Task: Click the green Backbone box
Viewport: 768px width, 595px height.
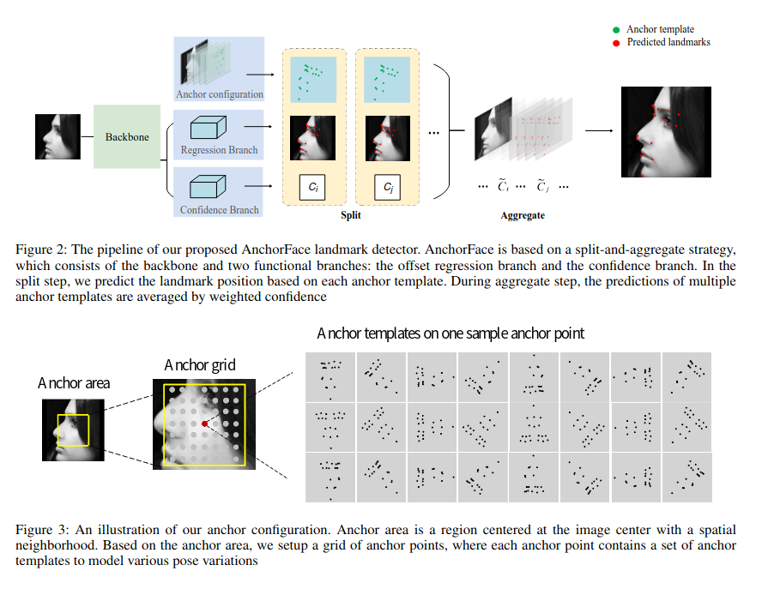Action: [x=127, y=136]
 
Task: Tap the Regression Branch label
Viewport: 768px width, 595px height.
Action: [x=219, y=150]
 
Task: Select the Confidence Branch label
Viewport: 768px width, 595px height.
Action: [x=219, y=209]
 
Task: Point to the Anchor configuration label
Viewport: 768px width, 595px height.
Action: [x=219, y=94]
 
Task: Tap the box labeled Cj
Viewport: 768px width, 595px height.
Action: [x=388, y=187]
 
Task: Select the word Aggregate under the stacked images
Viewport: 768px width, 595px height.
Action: [x=523, y=215]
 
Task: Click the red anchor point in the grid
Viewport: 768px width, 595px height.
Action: [x=204, y=424]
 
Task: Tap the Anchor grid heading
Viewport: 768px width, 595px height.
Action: [x=198, y=366]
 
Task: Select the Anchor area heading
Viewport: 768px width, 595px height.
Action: [x=74, y=383]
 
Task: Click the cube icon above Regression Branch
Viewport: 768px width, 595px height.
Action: [x=206, y=129]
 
